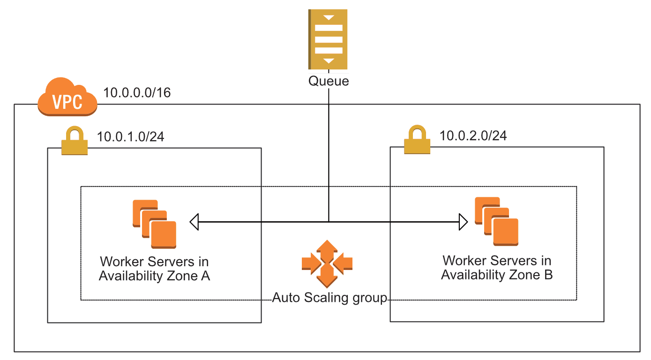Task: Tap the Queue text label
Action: click(x=328, y=81)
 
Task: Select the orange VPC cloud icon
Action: click(x=67, y=97)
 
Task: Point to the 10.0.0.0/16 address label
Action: click(x=137, y=92)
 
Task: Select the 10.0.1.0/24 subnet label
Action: click(x=130, y=137)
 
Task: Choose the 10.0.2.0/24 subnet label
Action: click(x=473, y=135)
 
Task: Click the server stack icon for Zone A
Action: click(x=154, y=224)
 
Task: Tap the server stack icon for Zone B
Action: click(x=496, y=221)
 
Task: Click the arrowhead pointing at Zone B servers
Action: click(x=463, y=221)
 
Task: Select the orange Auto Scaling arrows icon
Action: click(x=327, y=263)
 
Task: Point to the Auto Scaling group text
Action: click(x=330, y=298)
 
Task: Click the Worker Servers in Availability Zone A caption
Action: click(x=154, y=269)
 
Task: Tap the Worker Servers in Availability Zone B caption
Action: click(x=497, y=267)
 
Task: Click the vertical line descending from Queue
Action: click(x=328, y=155)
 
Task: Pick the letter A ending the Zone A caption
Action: click(x=205, y=276)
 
